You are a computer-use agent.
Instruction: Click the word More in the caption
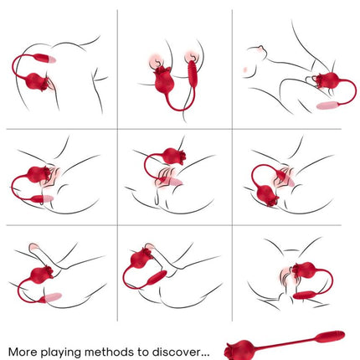(x=23, y=352)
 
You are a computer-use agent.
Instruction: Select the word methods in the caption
(x=109, y=352)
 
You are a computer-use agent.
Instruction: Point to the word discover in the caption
(x=176, y=352)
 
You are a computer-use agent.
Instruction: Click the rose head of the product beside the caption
(x=236, y=349)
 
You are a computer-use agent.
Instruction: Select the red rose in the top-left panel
(x=36, y=82)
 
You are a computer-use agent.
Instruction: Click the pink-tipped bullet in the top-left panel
(x=44, y=58)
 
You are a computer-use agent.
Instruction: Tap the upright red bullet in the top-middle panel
(x=193, y=74)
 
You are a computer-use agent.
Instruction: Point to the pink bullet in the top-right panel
(x=327, y=105)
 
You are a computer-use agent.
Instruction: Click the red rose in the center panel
(x=173, y=157)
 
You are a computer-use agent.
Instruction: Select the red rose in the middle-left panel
(x=39, y=174)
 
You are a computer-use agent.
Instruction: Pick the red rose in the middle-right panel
(x=267, y=195)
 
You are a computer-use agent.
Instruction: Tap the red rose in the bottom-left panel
(x=41, y=275)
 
